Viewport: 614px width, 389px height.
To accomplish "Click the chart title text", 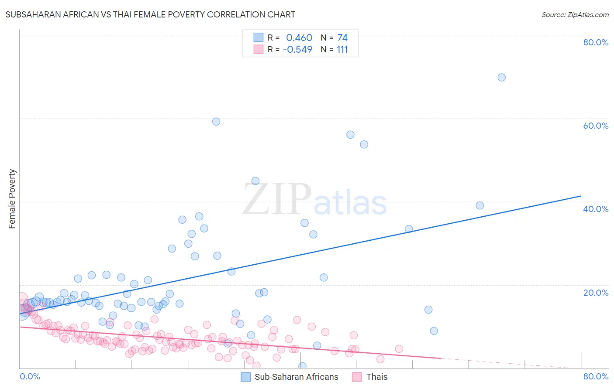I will pyautogui.click(x=150, y=14).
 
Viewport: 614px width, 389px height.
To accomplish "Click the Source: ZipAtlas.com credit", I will pyautogui.click(x=575, y=14).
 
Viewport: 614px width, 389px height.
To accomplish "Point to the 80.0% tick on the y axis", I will pyautogui.click(x=596, y=42).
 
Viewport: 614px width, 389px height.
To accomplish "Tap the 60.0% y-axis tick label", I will pyautogui.click(x=596, y=126).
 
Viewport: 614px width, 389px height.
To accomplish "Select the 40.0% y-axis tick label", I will pyautogui.click(x=596, y=209).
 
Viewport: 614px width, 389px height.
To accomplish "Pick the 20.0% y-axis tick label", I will pyautogui.click(x=596, y=293).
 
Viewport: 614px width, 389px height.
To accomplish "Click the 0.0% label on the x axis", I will pyautogui.click(x=30, y=376).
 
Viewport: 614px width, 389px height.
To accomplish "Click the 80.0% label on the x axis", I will pyautogui.click(x=596, y=376).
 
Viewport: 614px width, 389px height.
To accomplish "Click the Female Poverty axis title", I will pyautogui.click(x=12, y=199).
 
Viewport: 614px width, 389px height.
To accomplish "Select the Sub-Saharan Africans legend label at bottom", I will pyautogui.click(x=296, y=377).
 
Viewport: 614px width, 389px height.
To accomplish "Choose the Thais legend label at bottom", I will pyautogui.click(x=376, y=377).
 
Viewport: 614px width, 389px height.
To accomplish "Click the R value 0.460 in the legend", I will pyautogui.click(x=299, y=38).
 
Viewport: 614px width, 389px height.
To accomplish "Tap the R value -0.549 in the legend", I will pyautogui.click(x=297, y=50).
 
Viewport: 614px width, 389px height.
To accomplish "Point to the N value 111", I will pyautogui.click(x=342, y=50).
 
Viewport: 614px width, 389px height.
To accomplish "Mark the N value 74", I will pyautogui.click(x=342, y=38).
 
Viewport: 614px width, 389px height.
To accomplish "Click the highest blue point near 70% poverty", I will pyautogui.click(x=501, y=77).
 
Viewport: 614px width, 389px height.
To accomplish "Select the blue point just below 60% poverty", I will pyautogui.click(x=216, y=122).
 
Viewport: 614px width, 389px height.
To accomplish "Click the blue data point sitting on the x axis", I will pyautogui.click(x=302, y=366).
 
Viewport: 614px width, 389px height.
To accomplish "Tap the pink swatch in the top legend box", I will pyautogui.click(x=259, y=50).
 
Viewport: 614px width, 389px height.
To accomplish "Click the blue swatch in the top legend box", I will pyautogui.click(x=259, y=38).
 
